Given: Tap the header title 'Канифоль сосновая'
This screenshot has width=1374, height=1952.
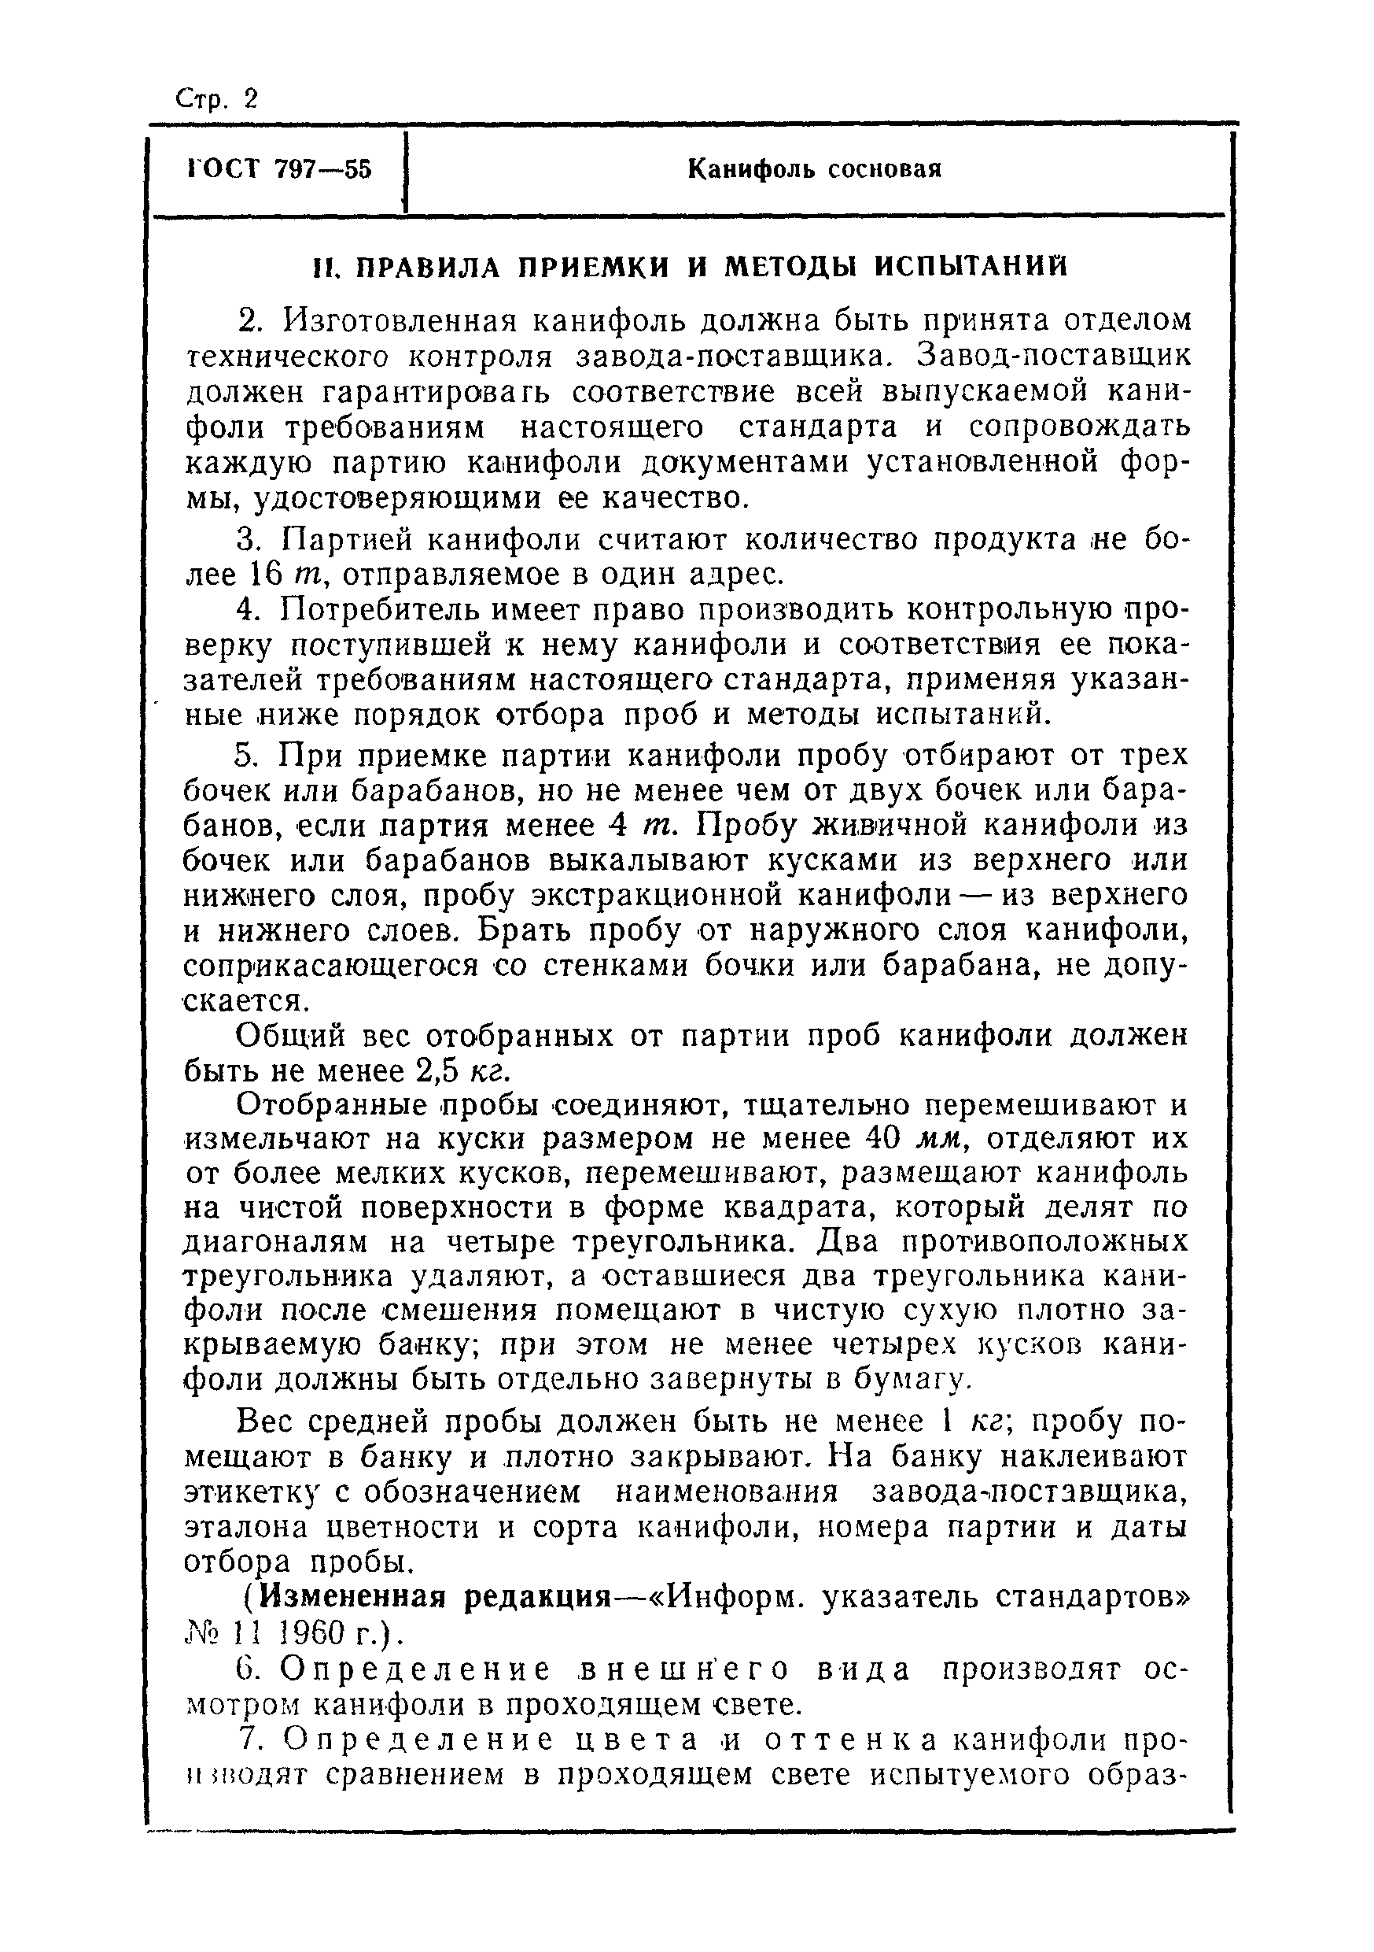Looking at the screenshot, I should pyautogui.click(x=813, y=170).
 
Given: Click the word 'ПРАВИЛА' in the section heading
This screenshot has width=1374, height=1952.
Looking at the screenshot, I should pyautogui.click(x=430, y=268).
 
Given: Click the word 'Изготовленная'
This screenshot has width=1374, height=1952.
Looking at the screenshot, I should pyautogui.click(x=399, y=321).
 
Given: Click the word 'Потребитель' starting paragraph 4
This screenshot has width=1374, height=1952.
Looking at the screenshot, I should pyautogui.click(x=391, y=612).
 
